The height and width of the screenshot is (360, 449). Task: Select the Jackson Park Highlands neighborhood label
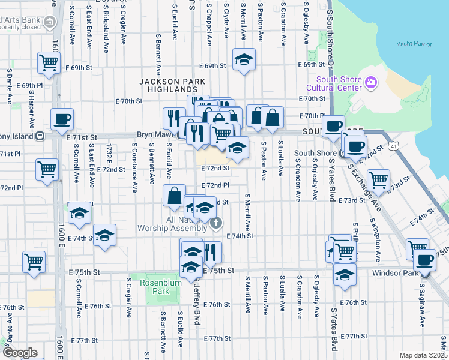tap(172, 85)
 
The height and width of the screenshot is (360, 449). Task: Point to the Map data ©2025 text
tap(423, 355)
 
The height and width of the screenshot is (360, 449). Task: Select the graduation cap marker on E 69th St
tap(243, 59)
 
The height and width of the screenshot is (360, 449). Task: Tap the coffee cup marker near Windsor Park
tap(425, 260)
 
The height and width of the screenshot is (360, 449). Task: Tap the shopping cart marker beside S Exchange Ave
tap(378, 179)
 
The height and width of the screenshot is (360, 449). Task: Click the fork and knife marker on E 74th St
tap(211, 252)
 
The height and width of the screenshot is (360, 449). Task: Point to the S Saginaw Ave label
tap(422, 307)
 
